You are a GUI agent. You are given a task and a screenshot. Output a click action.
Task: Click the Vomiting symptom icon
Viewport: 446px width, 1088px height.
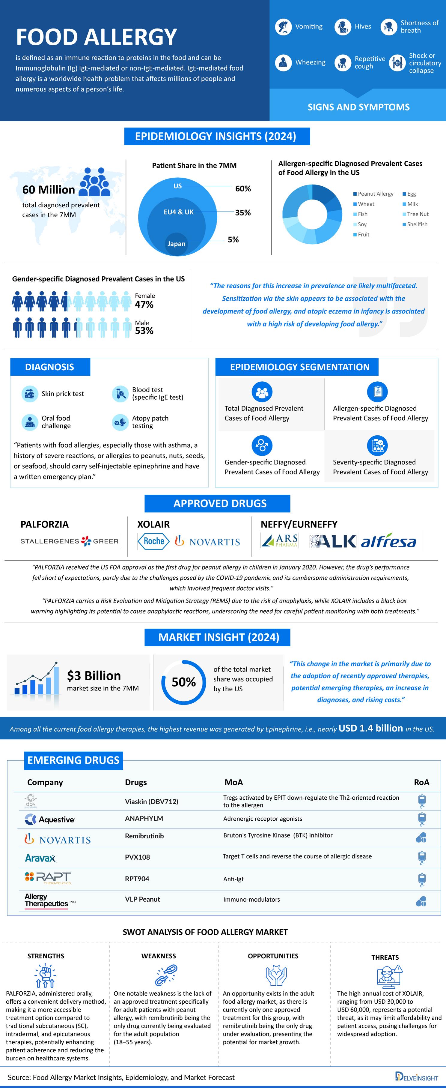click(283, 27)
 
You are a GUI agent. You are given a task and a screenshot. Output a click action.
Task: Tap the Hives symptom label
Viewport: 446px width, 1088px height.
click(362, 27)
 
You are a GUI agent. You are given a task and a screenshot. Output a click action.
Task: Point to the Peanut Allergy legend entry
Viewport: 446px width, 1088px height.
click(375, 194)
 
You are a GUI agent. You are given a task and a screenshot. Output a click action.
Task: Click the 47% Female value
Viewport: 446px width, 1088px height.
click(144, 305)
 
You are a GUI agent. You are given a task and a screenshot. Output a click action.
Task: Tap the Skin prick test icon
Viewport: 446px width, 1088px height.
click(30, 394)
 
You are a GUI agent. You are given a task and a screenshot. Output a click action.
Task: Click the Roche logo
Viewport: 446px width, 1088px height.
click(153, 541)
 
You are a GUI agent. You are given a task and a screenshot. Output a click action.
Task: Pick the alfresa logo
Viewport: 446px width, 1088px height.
click(388, 542)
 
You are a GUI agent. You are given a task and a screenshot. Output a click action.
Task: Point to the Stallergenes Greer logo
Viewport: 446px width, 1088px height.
click(70, 541)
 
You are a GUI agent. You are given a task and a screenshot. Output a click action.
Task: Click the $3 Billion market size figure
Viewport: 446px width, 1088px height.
click(94, 676)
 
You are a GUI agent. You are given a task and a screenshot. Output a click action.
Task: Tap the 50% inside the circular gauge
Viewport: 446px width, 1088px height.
click(183, 682)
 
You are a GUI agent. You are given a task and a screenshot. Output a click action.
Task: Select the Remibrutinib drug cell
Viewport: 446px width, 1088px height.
click(144, 836)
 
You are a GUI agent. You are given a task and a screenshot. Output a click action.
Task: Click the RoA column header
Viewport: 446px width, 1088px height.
click(421, 782)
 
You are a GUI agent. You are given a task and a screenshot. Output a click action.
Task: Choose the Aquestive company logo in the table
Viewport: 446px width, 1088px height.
click(50, 819)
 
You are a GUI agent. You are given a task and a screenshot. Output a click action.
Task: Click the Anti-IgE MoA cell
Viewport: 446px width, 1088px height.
click(234, 879)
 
